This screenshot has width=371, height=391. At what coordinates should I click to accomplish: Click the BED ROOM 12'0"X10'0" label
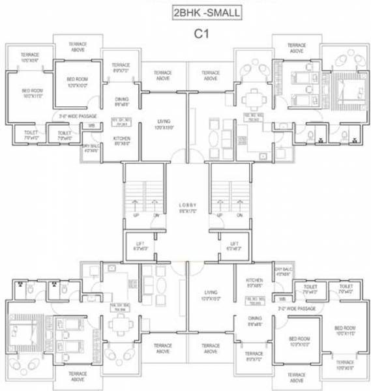point(76,81)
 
